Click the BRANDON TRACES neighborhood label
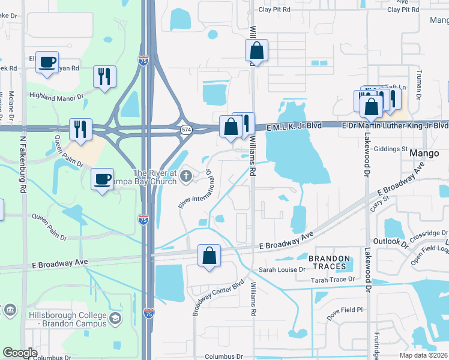coord(328,262)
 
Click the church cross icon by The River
coord(186,176)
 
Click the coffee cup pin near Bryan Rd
coord(47,62)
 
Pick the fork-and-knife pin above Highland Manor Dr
coord(104,76)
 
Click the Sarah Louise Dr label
coord(282,270)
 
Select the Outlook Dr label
coord(390,241)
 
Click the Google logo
coord(20,353)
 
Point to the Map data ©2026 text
coord(423,355)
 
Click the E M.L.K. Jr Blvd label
coord(294,126)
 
